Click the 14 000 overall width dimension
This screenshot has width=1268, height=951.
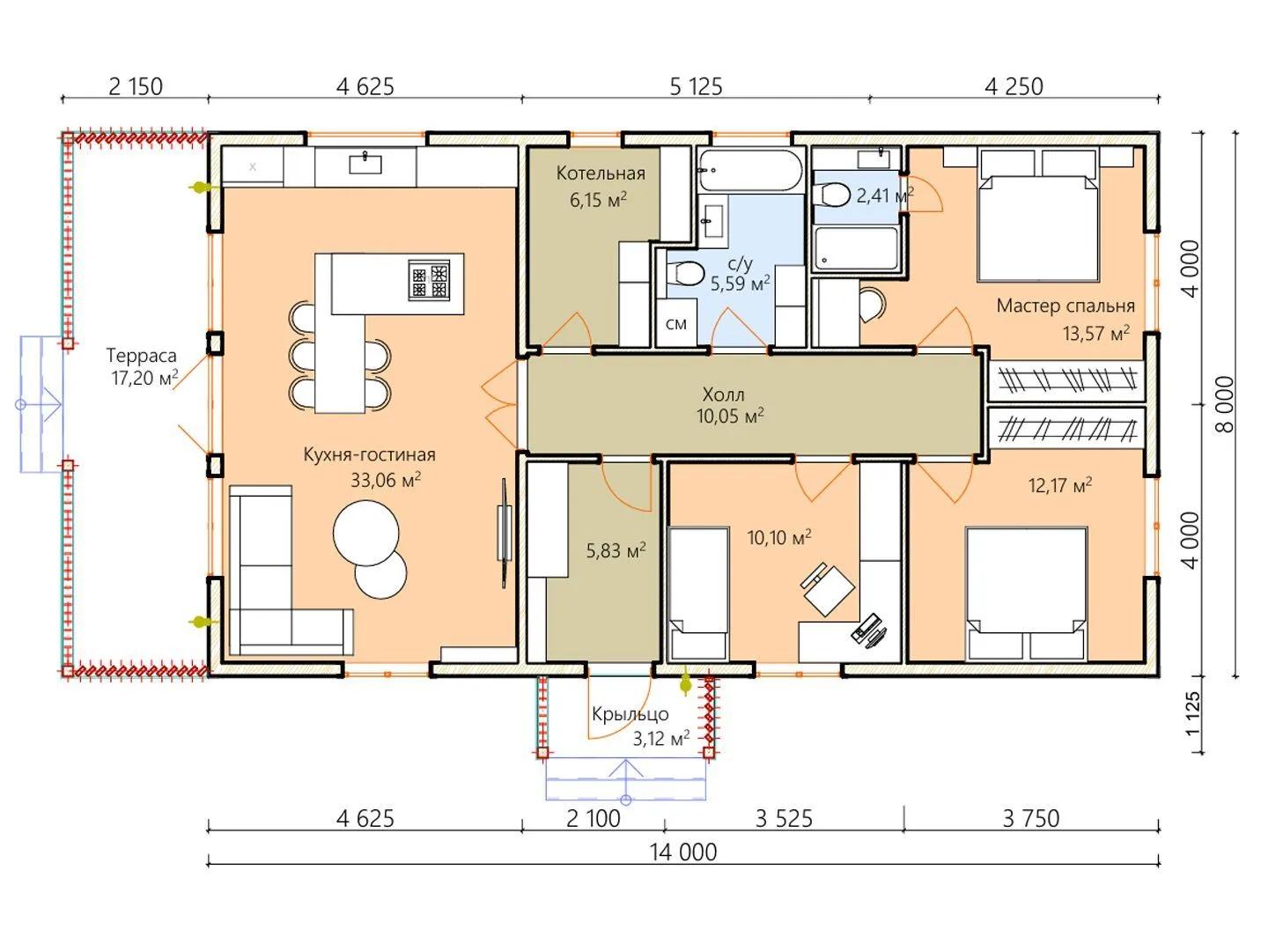(682, 852)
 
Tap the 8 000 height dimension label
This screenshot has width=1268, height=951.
(1224, 404)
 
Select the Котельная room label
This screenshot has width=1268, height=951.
(601, 173)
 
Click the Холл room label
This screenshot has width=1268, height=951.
(723, 395)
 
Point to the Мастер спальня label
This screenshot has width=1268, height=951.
(1065, 306)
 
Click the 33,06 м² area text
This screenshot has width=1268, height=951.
(386, 479)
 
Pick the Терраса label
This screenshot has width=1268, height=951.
(141, 355)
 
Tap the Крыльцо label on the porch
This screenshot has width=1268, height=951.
(630, 714)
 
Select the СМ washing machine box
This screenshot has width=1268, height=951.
(676, 323)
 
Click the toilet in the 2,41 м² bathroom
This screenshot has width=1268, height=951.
(830, 195)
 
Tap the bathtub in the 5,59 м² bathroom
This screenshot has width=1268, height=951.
(750, 170)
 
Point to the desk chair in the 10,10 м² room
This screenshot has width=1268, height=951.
(827, 589)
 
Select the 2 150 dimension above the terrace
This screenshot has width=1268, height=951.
(136, 87)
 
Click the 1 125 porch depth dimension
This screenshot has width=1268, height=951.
(1192, 713)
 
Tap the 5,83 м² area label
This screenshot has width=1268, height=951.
(616, 550)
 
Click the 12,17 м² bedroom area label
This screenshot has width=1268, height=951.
(1060, 485)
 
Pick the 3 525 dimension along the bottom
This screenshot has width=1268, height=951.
(784, 819)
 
